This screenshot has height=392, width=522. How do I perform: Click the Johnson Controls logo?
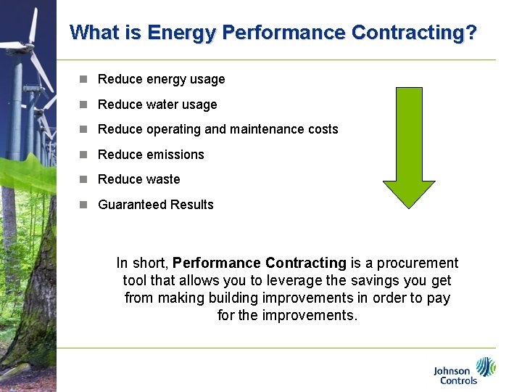click(464, 370)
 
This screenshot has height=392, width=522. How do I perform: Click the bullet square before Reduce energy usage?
click(83, 79)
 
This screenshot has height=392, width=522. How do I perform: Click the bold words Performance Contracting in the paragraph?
click(260, 263)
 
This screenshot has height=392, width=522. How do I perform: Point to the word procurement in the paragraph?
click(421, 263)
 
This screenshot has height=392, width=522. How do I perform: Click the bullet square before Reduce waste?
click(83, 179)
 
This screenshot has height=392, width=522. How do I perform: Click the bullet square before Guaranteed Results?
click(83, 205)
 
